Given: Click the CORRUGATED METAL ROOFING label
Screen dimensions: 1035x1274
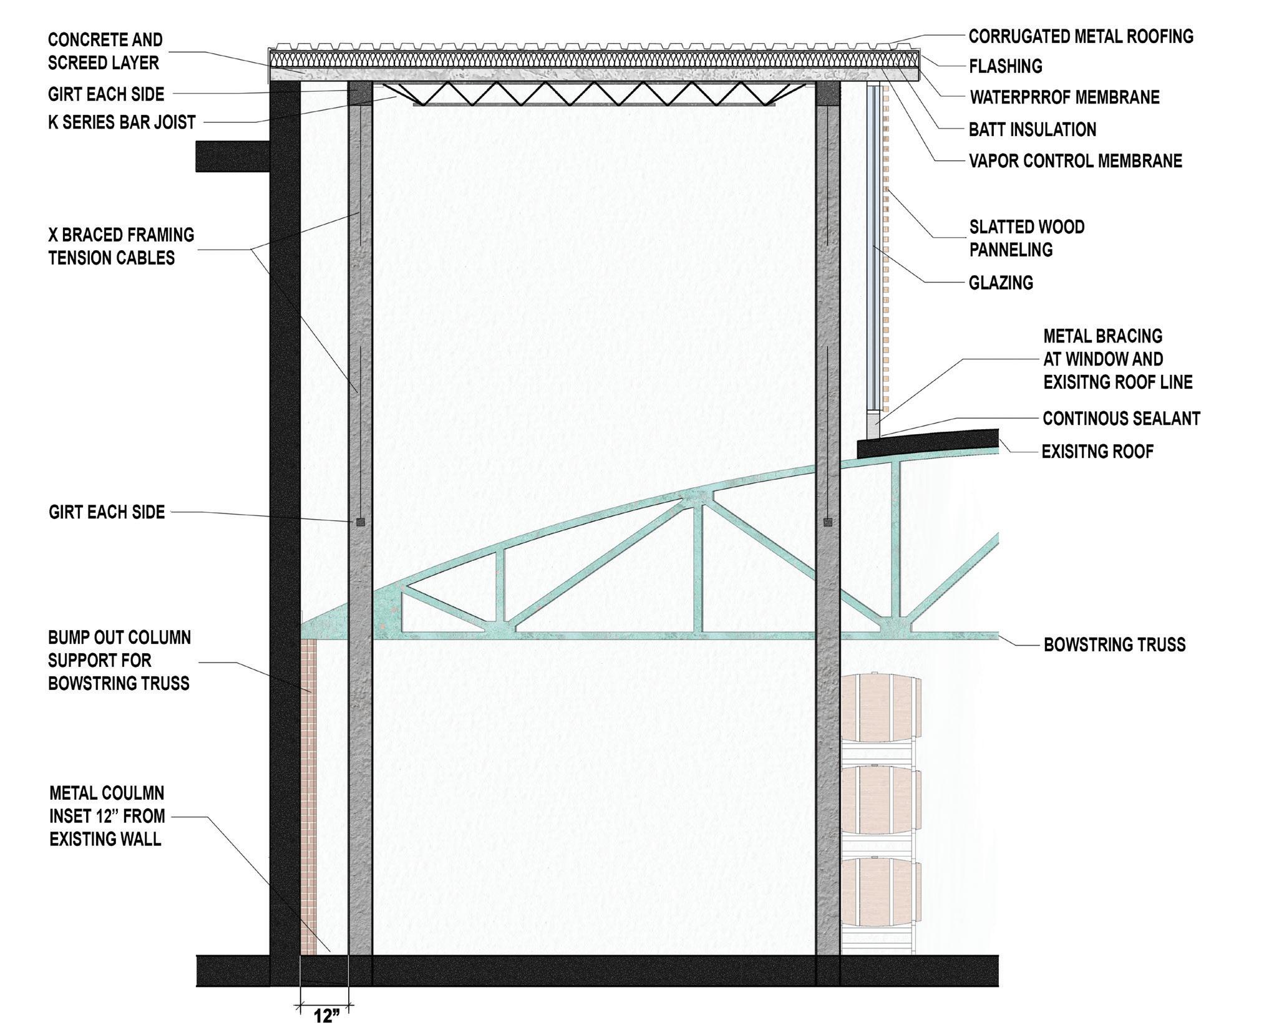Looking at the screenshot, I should pos(1081,37).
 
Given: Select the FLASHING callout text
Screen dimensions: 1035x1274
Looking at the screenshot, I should pos(1005,66).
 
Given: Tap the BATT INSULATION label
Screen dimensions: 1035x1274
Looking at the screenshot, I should pos(1032,130).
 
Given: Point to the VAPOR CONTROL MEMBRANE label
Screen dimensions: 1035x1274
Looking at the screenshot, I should pos(1075,161).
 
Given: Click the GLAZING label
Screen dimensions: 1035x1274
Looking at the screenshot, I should pos(1001,283).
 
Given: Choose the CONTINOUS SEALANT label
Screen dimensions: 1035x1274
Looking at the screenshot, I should pos(1121,419).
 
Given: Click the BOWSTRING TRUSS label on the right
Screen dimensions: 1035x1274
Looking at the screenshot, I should pos(1114,644).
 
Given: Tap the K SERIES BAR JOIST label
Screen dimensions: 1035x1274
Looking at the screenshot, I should pos(122,122).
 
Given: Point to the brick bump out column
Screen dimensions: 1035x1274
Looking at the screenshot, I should pos(308,792).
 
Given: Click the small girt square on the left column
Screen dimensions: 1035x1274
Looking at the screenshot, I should pos(361,522).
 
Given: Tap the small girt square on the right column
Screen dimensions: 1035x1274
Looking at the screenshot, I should pos(827,522).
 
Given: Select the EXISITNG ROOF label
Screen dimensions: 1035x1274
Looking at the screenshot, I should pos(1097,451).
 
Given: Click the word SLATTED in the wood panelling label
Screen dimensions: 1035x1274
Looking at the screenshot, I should pos(998,227).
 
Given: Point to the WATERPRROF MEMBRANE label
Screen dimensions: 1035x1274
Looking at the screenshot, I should pos(1064,97).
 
